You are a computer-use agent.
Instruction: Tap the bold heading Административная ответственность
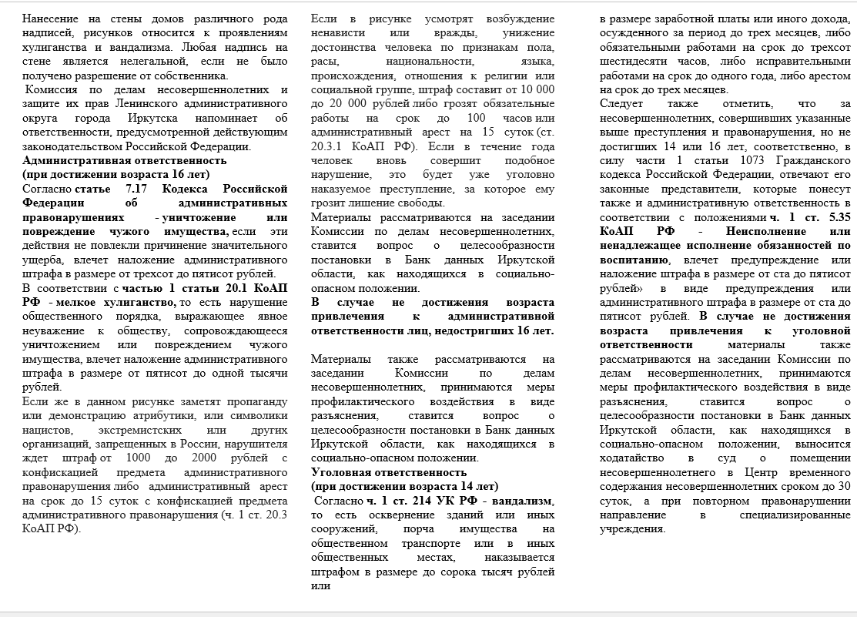125,160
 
